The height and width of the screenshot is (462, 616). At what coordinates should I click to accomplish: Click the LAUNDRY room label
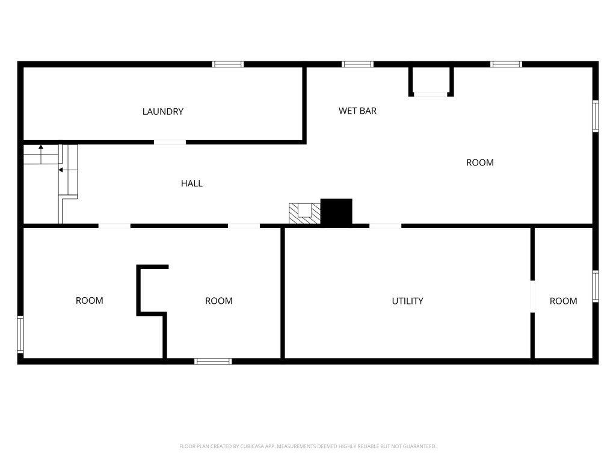(x=162, y=111)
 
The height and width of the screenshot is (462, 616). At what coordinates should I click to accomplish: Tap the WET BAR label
(x=357, y=111)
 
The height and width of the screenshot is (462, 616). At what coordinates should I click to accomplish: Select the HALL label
(x=192, y=183)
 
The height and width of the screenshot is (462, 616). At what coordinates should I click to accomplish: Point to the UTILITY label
(x=407, y=301)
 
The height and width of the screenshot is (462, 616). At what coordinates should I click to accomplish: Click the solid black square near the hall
(x=336, y=212)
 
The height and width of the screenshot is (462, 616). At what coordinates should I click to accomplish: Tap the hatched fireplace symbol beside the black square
(x=304, y=213)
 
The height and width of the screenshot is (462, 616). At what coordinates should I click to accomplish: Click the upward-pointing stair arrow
(x=41, y=146)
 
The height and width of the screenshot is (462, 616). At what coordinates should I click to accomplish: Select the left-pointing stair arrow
(x=61, y=170)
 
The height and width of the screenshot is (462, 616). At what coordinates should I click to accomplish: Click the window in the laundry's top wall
(x=228, y=64)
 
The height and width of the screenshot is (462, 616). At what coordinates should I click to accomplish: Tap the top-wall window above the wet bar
(x=357, y=64)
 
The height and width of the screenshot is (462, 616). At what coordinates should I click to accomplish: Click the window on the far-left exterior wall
(x=20, y=334)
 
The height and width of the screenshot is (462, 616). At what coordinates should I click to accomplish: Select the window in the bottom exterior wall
(x=213, y=361)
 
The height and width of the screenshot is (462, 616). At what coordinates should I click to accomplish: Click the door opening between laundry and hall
(x=170, y=142)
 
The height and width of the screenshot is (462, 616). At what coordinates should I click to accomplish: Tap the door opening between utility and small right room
(x=532, y=296)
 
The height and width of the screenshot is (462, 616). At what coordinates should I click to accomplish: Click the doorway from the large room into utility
(x=385, y=226)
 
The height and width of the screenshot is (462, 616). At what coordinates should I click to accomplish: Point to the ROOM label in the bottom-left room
(x=89, y=301)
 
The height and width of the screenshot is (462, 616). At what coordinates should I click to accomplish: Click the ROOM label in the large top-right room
(x=480, y=162)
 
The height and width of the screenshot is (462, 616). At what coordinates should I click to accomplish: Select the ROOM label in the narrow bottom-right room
(x=563, y=301)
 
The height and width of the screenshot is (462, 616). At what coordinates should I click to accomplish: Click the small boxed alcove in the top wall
(x=431, y=81)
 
